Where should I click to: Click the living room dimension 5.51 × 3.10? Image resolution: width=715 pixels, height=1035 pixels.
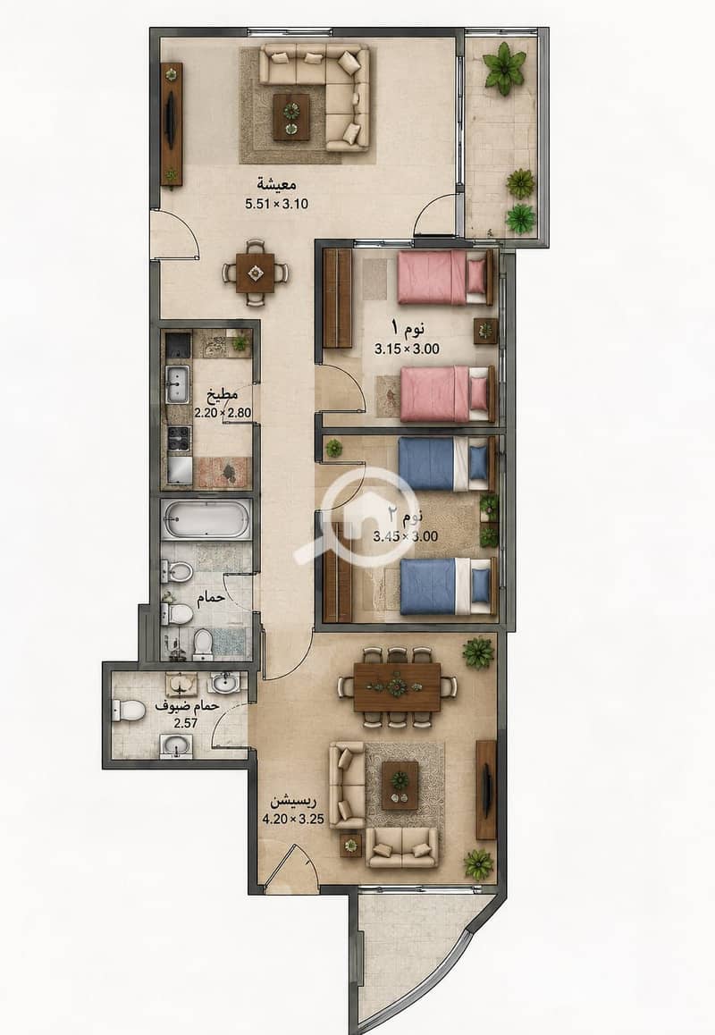276,204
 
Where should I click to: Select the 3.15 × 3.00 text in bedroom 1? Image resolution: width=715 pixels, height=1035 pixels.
407,349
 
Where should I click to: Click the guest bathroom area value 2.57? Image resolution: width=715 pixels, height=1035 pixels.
186,723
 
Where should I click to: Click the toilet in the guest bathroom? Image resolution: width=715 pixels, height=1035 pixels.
128,711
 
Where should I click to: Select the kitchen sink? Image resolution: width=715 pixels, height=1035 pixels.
177,383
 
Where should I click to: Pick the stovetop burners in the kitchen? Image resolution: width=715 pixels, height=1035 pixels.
178,438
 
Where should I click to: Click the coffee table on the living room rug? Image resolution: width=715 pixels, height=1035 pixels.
291,117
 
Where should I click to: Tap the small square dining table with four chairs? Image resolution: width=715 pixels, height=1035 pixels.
256,272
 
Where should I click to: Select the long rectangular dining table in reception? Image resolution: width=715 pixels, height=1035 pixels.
397,687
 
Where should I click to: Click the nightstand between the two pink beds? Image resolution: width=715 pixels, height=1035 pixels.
486,331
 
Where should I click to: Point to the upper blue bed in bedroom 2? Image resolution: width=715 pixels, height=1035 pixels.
446,464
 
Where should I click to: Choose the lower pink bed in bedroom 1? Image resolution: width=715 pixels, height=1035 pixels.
448,394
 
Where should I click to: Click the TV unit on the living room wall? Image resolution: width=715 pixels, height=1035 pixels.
172,125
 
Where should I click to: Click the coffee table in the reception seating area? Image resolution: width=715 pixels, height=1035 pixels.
400,786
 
